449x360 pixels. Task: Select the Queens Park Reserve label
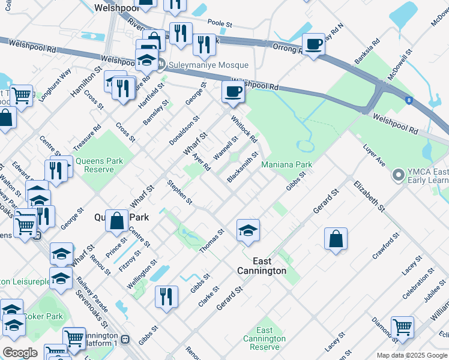tap(98, 165)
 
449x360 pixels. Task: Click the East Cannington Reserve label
tap(264, 339)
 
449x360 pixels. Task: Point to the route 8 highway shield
tap(409, 101)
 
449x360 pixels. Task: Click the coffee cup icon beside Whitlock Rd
tap(232, 91)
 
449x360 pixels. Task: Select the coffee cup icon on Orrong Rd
tap(313, 44)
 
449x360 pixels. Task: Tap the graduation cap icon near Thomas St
tap(247, 230)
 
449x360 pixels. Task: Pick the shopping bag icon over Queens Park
tap(118, 220)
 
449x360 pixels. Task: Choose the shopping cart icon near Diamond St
tap(402, 326)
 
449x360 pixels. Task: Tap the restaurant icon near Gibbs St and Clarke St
tap(166, 296)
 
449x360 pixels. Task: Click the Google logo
tap(20, 353)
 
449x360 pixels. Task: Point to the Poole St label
tap(220, 24)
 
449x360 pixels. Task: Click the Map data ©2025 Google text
tap(411, 355)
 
